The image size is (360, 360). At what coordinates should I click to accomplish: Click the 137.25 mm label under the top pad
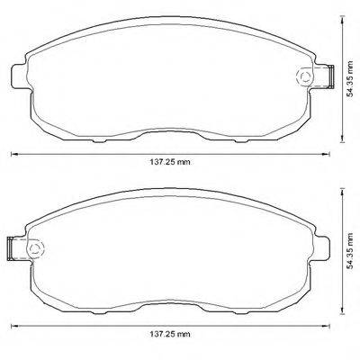(x=170, y=162)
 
